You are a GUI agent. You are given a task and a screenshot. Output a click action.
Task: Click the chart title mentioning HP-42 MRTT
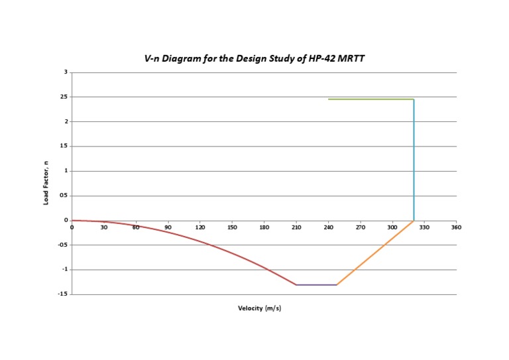(254, 58)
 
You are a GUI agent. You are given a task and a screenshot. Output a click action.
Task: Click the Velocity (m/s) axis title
(260, 308)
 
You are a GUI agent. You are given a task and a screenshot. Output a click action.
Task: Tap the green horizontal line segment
(371, 99)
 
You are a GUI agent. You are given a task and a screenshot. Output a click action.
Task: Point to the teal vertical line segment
(414, 159)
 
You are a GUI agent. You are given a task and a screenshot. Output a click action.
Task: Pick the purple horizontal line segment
(316, 285)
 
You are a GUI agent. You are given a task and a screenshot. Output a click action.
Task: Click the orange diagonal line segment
(375, 253)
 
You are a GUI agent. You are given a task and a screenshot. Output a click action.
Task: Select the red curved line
(199, 242)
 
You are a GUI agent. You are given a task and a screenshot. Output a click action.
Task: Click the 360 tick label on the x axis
(456, 227)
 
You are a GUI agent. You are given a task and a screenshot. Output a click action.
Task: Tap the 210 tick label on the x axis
(296, 227)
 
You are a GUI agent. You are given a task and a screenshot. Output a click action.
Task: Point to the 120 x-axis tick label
(200, 227)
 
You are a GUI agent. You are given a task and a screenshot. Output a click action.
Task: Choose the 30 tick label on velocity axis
(104, 227)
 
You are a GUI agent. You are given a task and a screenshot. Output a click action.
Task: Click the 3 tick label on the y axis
(66, 72)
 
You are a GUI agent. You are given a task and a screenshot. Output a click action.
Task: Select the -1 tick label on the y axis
(64, 270)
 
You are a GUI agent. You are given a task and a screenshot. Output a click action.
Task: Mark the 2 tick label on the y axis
(66, 121)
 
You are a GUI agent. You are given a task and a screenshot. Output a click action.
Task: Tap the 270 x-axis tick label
(361, 227)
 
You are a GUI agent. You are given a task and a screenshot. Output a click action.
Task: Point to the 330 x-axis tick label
(424, 227)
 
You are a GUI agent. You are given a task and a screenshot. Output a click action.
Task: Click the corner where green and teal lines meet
(414, 99)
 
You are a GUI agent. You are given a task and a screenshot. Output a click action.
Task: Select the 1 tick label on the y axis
(66, 171)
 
